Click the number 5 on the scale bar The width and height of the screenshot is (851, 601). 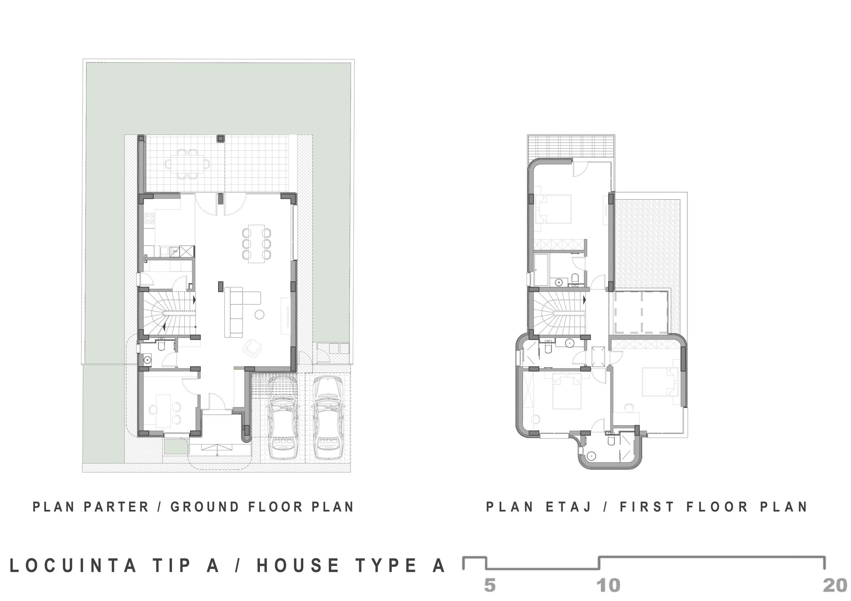pyautogui.click(x=490, y=585)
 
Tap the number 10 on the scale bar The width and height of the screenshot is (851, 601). pyautogui.click(x=609, y=585)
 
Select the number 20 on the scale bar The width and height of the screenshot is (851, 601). pyautogui.click(x=835, y=585)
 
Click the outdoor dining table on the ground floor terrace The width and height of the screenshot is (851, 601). pyautogui.click(x=187, y=164)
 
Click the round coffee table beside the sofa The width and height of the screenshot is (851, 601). pyautogui.click(x=259, y=315)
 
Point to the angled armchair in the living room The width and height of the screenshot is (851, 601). pyautogui.click(x=253, y=347)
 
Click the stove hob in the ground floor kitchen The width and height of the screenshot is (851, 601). pyautogui.click(x=149, y=218)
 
